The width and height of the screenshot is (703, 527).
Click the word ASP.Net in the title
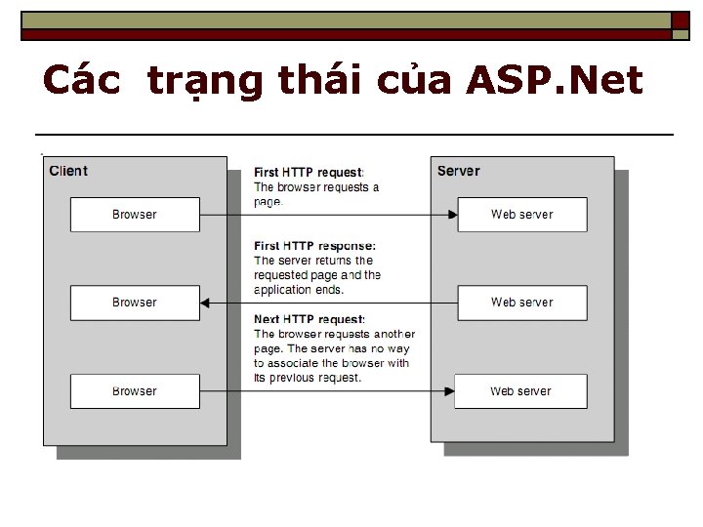coord(555,80)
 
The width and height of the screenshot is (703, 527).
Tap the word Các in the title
coord(82,80)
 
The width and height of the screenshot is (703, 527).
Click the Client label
coord(68,171)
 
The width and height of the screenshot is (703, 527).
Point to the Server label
coord(458,171)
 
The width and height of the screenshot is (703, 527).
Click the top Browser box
coord(135,215)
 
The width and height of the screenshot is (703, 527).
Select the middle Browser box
coord(135,303)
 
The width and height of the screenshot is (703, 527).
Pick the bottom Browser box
coord(135,391)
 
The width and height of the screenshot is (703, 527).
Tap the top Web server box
coord(522,215)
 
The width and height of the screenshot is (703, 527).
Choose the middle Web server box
coord(522,303)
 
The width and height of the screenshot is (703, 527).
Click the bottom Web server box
coord(522,391)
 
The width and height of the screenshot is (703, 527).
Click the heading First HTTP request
coord(309,173)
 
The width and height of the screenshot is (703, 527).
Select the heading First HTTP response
coord(314,246)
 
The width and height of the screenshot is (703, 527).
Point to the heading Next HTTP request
coord(310,319)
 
